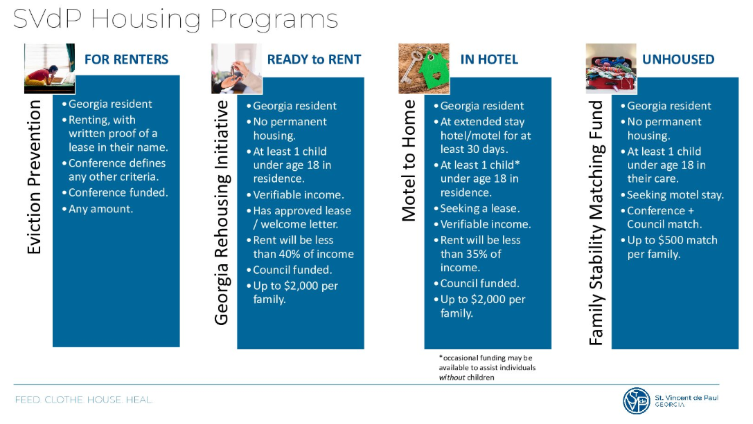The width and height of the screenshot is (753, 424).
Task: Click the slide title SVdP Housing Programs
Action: [x=175, y=19]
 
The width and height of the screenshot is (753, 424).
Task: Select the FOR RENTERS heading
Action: [x=126, y=59]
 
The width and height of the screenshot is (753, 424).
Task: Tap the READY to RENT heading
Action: [x=314, y=59]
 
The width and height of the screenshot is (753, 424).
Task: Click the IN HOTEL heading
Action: [x=489, y=59]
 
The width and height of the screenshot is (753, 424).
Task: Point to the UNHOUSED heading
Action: [x=677, y=59]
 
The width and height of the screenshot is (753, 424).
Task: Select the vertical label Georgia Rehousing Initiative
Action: [x=221, y=212]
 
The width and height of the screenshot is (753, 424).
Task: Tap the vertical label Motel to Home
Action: [x=409, y=160]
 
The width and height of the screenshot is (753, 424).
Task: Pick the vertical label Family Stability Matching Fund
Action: [x=596, y=221]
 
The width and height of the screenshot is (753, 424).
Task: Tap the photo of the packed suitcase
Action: [x=610, y=68]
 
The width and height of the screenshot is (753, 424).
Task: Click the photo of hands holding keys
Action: [x=236, y=68]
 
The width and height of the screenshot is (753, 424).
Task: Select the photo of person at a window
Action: [x=49, y=68]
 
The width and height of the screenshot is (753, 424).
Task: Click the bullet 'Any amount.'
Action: [x=100, y=209]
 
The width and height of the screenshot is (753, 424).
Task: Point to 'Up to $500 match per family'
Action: [x=671, y=247]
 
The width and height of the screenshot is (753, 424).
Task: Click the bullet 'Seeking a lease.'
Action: [x=480, y=208]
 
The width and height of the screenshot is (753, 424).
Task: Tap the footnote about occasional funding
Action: [x=486, y=367]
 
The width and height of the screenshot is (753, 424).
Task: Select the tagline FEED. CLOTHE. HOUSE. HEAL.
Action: [x=84, y=400]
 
